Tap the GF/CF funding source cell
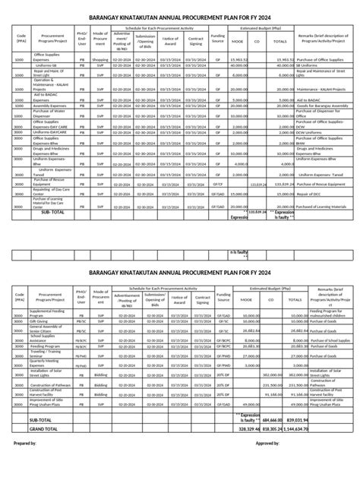tap(218, 183)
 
